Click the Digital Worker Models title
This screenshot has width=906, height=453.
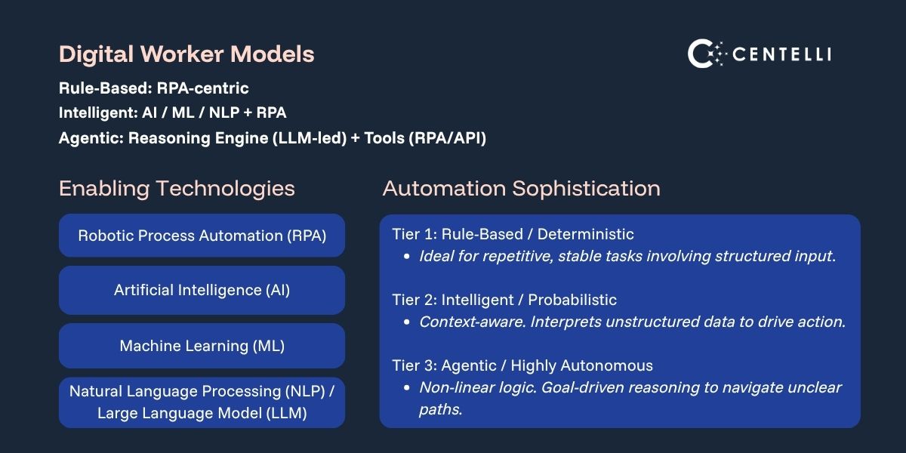186,54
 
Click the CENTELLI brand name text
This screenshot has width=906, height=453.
782,54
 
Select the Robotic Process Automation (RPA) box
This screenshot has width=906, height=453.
202,236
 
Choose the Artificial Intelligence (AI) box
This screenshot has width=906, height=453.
202,290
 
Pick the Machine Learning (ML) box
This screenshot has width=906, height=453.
202,346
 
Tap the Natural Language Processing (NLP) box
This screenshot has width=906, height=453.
202,402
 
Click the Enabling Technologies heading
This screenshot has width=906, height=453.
177,188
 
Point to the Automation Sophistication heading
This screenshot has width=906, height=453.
521,188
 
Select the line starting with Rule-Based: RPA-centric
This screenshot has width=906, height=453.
153,88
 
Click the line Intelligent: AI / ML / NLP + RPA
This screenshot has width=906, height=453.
172,113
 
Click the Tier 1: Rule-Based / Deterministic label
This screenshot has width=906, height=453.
513,234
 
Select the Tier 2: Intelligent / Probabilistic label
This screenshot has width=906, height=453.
504,300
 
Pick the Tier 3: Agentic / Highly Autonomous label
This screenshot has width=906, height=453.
522,365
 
